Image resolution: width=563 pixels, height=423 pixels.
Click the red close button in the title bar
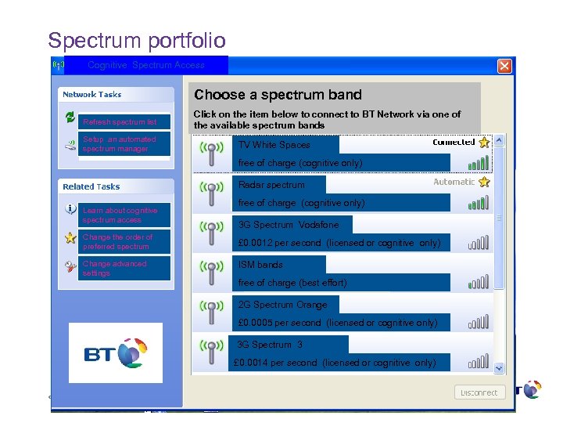click(505, 66)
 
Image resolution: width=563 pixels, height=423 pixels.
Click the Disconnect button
click(479, 392)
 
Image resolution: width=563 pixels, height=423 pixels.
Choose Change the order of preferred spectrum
click(118, 241)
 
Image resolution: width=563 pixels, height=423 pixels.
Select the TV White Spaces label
click(274, 145)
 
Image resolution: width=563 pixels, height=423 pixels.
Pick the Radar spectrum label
click(271, 185)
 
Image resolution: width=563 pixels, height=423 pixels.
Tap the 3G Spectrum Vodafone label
click(289, 225)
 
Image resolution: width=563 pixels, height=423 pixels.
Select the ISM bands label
click(261, 265)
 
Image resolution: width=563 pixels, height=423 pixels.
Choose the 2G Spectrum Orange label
click(283, 305)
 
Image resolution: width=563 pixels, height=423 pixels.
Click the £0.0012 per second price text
click(339, 244)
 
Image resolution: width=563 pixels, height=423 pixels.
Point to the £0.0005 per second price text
click(338, 323)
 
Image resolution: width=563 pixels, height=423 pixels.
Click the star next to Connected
click(484, 143)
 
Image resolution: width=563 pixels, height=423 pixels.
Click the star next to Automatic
click(484, 182)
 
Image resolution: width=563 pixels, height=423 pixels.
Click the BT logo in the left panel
click(116, 352)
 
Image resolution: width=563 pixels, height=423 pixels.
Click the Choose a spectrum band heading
click(278, 95)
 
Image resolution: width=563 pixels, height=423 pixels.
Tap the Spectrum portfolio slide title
click(137, 40)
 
